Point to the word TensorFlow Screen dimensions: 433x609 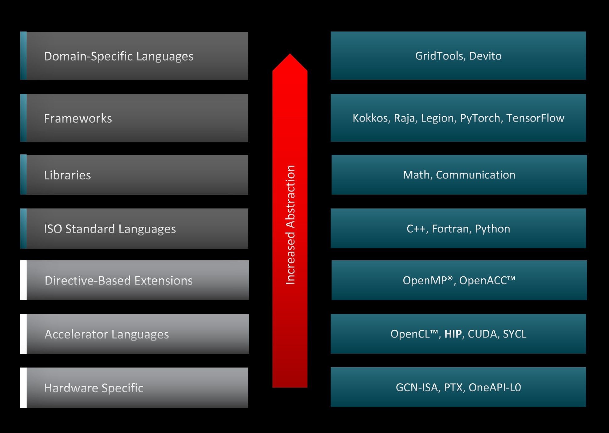(535, 118)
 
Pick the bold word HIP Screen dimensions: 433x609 (453, 334)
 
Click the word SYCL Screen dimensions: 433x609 (514, 334)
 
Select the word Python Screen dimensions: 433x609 (492, 229)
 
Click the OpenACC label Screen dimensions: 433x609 (487, 280)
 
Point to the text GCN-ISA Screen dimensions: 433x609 (417, 387)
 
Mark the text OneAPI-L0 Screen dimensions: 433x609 (495, 387)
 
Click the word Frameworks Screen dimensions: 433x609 (78, 119)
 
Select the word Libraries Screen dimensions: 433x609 (67, 175)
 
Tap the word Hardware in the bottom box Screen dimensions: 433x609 (71, 388)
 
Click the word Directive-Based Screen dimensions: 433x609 (88, 281)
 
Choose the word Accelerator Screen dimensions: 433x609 (76, 334)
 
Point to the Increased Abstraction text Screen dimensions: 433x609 (290, 225)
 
